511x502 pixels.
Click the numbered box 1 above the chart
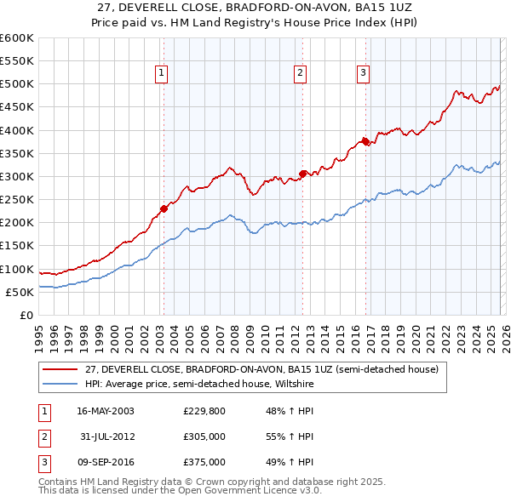pyautogui.click(x=161, y=74)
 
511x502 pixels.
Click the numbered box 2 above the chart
pyautogui.click(x=301, y=74)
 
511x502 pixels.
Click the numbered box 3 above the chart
pyautogui.click(x=363, y=74)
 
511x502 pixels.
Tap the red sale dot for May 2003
pyautogui.click(x=164, y=208)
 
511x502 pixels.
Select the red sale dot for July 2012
pyautogui.click(x=302, y=174)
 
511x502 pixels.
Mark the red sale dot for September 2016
pyautogui.click(x=365, y=141)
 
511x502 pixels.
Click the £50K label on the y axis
pyautogui.click(x=20, y=292)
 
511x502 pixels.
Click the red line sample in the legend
pyautogui.click(x=60, y=370)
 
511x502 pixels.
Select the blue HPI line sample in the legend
pyautogui.click(x=60, y=384)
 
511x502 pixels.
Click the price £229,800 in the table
pyautogui.click(x=204, y=411)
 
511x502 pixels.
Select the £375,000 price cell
pyautogui.click(x=204, y=462)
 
